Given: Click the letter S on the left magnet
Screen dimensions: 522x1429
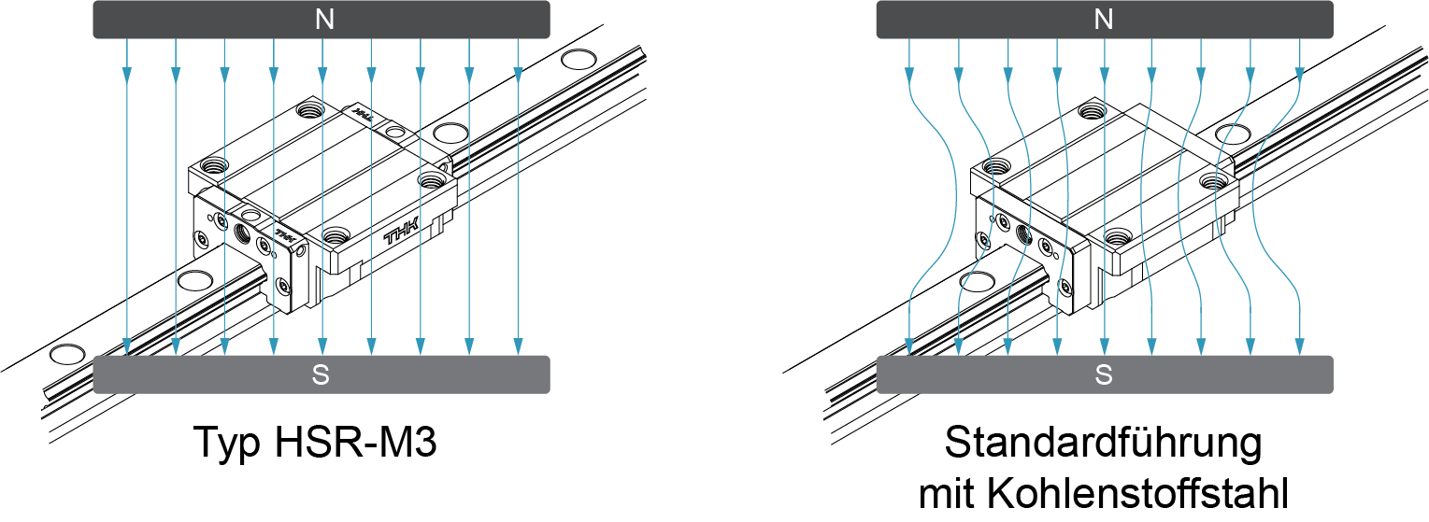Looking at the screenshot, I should (321, 375).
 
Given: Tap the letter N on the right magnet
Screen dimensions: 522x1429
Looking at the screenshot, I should (1104, 20).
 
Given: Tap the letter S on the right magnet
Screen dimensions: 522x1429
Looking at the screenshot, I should (1104, 375).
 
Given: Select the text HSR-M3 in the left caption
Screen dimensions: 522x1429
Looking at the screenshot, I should (356, 442).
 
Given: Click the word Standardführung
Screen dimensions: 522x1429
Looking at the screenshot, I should (1103, 442).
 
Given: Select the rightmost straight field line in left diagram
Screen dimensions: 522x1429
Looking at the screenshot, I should (517, 205).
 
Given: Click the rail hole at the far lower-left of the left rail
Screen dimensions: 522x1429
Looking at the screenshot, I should (66, 354).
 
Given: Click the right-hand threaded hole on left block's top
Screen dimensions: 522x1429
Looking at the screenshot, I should (431, 179).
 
